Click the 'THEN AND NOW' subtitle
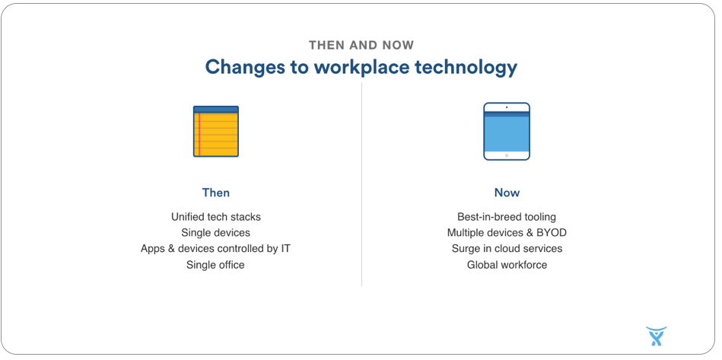[x=361, y=45]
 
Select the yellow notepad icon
[x=216, y=131]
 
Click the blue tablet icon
[x=507, y=131]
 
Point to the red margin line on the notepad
[x=199, y=134]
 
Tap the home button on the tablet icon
[x=507, y=155]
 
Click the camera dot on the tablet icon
[x=507, y=107]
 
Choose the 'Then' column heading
[x=216, y=193]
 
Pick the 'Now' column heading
[x=507, y=193]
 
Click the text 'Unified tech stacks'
[x=216, y=216]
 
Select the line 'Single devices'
[x=215, y=232]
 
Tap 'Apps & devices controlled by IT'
[x=215, y=249]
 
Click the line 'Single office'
[x=215, y=265]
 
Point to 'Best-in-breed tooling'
[x=507, y=216]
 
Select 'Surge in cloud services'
[x=507, y=249]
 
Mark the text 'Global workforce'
[x=507, y=265]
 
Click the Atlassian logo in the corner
[x=656, y=336]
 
